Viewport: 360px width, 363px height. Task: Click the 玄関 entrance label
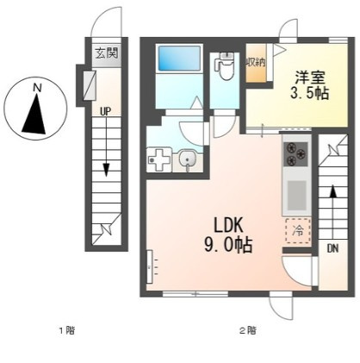pos(107,53)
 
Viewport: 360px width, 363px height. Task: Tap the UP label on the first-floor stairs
pos(106,111)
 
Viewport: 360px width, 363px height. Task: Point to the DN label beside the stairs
pos(332,248)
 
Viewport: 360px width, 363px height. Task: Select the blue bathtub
pos(180,58)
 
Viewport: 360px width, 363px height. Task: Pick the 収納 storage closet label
pos(255,62)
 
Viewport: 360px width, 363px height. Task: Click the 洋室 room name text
pos(310,78)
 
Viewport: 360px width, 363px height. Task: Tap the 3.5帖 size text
pos(309,93)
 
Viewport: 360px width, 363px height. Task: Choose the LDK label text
pos(228,226)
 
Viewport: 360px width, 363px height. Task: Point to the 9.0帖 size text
pos(228,245)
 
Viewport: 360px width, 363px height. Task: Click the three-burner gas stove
pos(295,154)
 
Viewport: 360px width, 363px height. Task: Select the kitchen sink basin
pos(297,196)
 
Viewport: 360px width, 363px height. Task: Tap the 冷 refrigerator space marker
pos(298,230)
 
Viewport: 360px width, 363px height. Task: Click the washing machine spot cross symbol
pos(158,160)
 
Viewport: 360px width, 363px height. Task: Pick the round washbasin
pos(188,159)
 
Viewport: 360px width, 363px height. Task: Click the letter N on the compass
pos(37,87)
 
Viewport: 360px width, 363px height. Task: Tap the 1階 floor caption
pos(67,330)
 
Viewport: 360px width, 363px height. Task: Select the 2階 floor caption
pos(248,330)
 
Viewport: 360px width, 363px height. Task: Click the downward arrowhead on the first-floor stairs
pos(106,170)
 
